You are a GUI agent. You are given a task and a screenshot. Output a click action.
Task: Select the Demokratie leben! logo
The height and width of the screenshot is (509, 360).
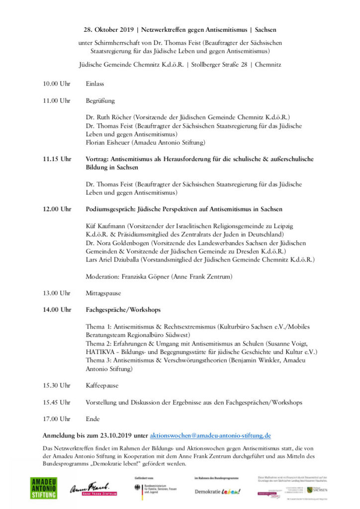click(x=217, y=491)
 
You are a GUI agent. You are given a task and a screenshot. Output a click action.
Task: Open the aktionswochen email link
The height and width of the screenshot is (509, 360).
click(x=210, y=435)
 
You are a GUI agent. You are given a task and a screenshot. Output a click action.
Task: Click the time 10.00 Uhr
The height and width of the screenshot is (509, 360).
click(x=57, y=84)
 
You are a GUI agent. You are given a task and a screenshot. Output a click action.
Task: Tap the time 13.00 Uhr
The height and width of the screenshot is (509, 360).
click(x=57, y=293)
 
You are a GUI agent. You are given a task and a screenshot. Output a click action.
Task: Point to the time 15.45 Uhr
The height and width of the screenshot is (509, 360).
click(x=57, y=402)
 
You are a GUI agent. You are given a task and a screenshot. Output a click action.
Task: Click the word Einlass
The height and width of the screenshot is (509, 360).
click(x=95, y=84)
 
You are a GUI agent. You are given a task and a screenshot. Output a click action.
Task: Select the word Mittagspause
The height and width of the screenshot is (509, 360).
click(x=103, y=293)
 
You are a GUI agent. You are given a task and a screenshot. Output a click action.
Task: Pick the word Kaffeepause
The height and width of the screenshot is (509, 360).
click(x=102, y=385)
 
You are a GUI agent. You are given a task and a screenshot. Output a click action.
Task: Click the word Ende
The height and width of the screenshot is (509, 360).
click(x=93, y=419)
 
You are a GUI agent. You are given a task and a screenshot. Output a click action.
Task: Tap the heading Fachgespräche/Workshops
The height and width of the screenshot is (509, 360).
click(x=123, y=310)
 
